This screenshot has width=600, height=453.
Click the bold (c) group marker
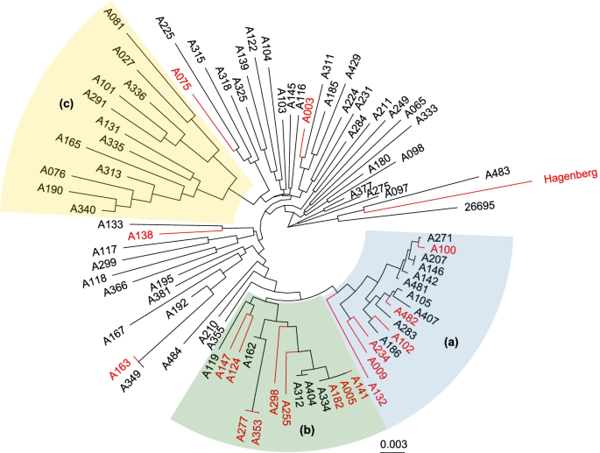click(66, 104)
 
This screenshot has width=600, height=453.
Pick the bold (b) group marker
click(309, 430)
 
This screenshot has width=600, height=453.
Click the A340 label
click(84, 210)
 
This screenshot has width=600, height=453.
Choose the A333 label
click(428, 118)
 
